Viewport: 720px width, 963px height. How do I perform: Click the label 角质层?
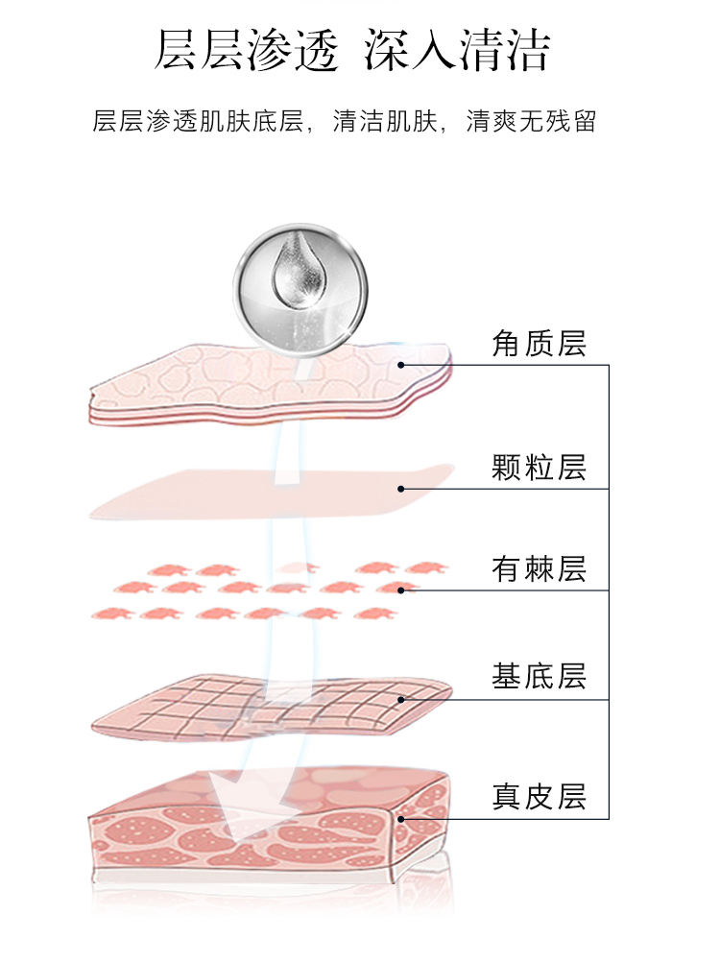[539, 343]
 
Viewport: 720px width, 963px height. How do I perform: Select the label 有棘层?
[539, 568]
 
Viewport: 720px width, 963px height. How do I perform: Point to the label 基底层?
[539, 676]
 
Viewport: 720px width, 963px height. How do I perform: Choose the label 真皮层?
[539, 796]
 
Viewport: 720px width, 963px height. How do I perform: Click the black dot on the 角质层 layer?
[401, 365]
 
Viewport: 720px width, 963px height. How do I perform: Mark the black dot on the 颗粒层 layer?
[401, 489]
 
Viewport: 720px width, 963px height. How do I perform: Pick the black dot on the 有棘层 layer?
[401, 590]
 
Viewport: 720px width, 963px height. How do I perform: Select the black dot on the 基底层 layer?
[401, 699]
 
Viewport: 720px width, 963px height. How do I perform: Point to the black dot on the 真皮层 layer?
[401, 819]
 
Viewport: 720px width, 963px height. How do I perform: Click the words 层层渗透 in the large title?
[247, 51]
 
